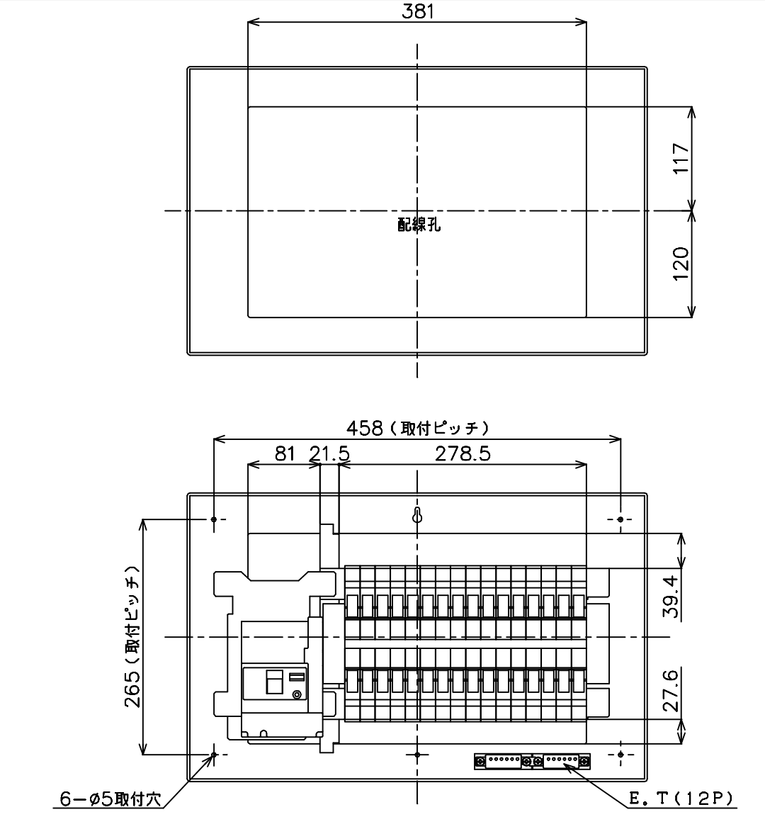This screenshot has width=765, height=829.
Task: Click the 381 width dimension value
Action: (418, 11)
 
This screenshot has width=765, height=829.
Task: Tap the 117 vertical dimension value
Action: (681, 158)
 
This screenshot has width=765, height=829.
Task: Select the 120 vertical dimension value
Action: (681, 264)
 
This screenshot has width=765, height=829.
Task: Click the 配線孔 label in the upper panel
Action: (419, 225)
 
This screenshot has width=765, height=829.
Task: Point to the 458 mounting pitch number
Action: (364, 428)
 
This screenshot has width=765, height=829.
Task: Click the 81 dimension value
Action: (285, 453)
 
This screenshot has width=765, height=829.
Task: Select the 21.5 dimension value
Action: (330, 453)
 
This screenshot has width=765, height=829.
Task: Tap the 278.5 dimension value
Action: (463, 453)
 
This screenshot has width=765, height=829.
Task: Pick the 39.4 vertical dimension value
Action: (671, 597)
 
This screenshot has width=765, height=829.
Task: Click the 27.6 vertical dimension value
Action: (671, 691)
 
